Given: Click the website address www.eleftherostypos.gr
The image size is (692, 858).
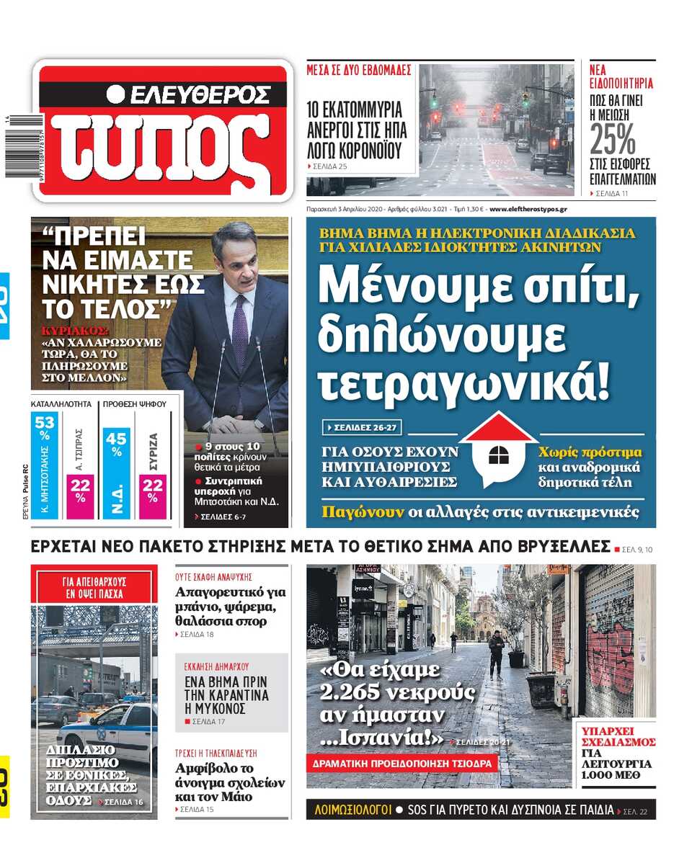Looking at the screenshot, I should pyautogui.click(x=528, y=209).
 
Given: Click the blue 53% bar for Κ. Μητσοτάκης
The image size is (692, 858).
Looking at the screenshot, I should pyautogui.click(x=44, y=465).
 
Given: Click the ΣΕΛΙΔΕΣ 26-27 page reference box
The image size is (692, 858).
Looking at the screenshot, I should pyautogui.click(x=362, y=428).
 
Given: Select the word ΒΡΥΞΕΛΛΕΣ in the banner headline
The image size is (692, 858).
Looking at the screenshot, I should pyautogui.click(x=555, y=546).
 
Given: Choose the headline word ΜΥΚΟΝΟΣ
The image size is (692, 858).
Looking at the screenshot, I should pyautogui.click(x=216, y=708).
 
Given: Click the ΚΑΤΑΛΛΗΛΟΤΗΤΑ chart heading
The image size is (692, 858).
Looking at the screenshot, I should pyautogui.click(x=62, y=404).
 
